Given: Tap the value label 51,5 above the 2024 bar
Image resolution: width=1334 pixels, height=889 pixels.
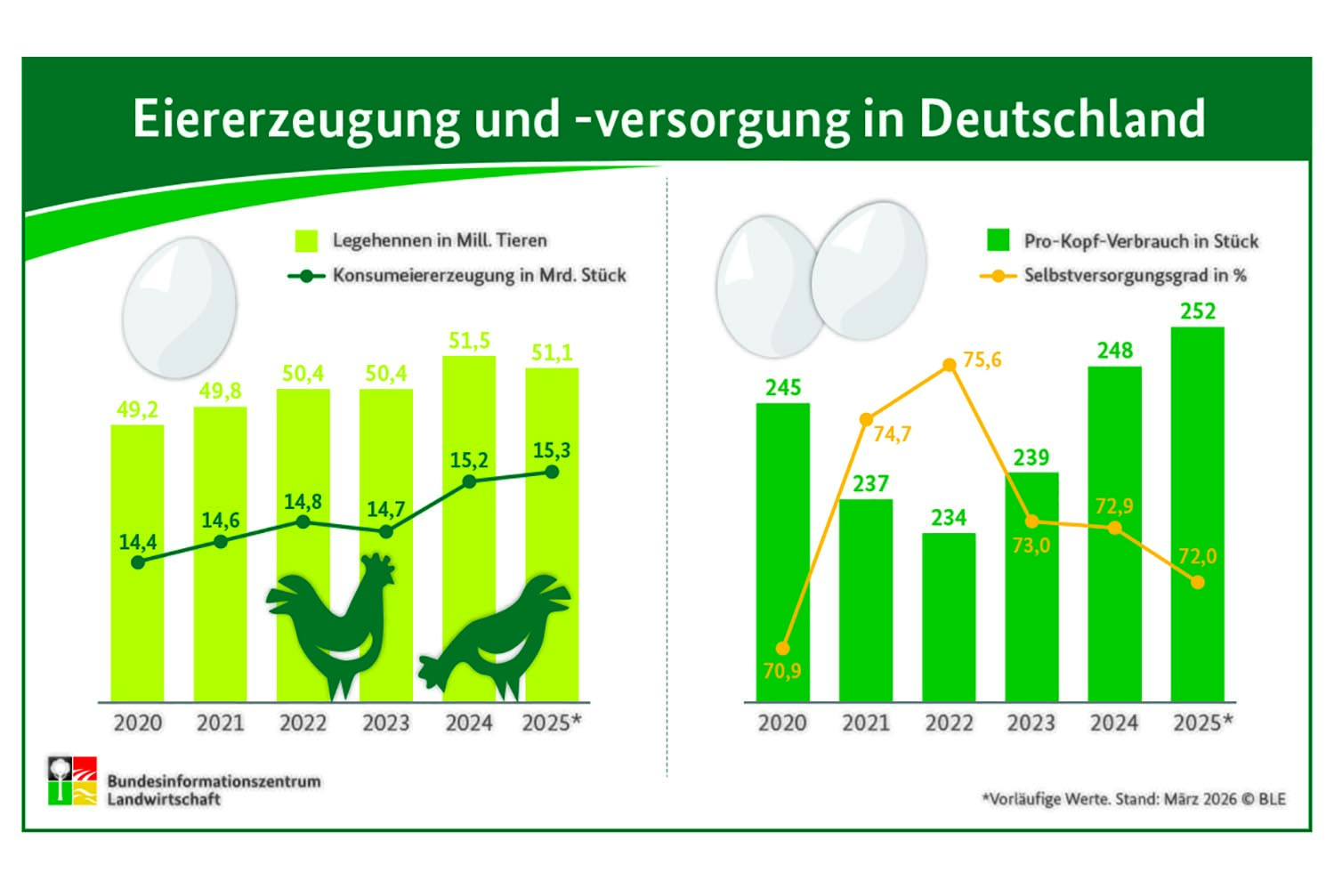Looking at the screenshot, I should click(469, 341).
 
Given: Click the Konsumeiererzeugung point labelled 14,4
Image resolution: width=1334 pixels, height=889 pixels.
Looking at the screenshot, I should click(138, 562).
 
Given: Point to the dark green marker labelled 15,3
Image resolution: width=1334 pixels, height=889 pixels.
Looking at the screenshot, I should click(552, 472).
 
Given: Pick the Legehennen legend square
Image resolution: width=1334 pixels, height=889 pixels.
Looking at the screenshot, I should click(306, 240).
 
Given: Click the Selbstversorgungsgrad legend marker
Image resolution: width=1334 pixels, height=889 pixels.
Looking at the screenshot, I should click(998, 276).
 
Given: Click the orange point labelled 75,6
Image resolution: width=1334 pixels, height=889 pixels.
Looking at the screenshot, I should click(950, 365).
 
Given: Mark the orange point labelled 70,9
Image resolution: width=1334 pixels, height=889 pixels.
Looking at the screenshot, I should click(782, 649).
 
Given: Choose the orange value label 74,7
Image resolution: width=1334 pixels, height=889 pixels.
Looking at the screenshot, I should click(892, 434).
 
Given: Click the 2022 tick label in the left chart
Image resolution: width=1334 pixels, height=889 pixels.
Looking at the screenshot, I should click(303, 723).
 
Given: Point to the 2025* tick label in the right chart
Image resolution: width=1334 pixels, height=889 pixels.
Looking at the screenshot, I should click(1202, 723).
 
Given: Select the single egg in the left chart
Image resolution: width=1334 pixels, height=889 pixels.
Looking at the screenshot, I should click(180, 307).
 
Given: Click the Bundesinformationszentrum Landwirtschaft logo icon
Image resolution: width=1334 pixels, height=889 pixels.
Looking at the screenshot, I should click(73, 781).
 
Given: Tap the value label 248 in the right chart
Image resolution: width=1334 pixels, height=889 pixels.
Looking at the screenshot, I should click(1114, 351).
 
